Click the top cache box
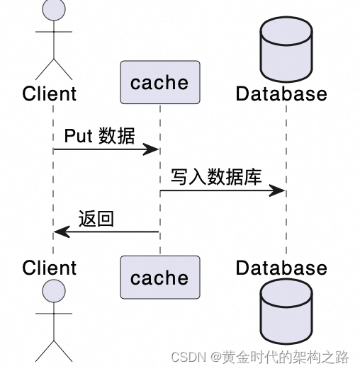click(x=159, y=82)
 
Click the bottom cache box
click(x=159, y=278)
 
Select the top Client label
click(x=50, y=93)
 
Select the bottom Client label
click(x=50, y=268)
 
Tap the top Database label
click(x=281, y=93)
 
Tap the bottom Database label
click(x=281, y=268)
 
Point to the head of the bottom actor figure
click(x=53, y=291)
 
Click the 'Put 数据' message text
click(x=99, y=136)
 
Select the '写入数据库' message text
click(x=216, y=177)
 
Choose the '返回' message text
click(x=96, y=219)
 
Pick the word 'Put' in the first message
click(x=78, y=136)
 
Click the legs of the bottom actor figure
click(x=54, y=350)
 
